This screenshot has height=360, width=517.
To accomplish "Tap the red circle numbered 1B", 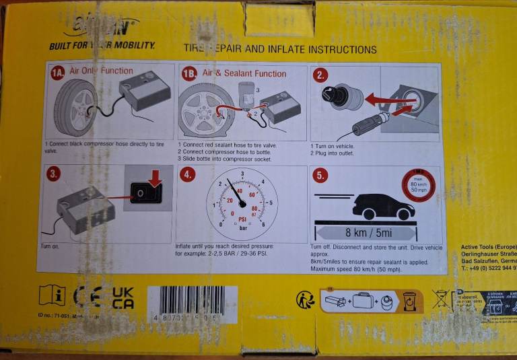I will pyautogui.click(x=189, y=74).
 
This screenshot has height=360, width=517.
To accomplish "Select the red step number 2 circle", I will pyautogui.click(x=321, y=75).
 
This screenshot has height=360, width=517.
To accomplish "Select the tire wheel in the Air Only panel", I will pyautogui.click(x=75, y=108).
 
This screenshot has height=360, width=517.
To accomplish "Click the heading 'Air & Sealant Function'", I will pyautogui.click(x=244, y=73).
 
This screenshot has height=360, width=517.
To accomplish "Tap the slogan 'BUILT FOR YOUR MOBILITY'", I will pyautogui.click(x=102, y=46).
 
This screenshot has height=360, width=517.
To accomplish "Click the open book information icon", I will pyautogui.click(x=52, y=296).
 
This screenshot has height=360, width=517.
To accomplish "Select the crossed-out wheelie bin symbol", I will pyautogui.click(x=442, y=298).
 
